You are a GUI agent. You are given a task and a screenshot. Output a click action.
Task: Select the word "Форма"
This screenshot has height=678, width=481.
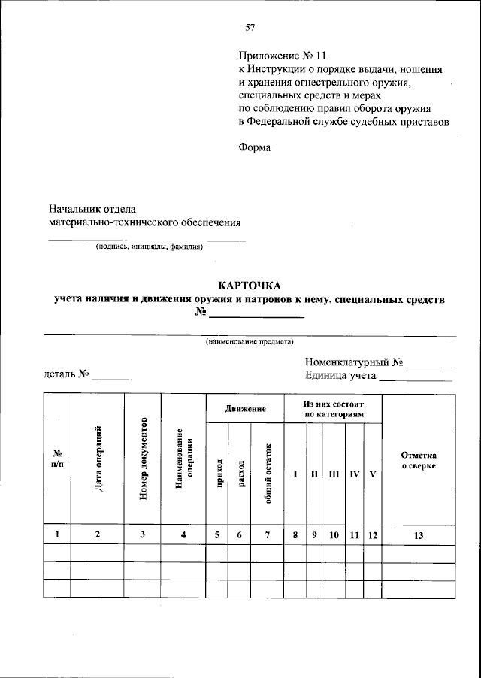[254, 147]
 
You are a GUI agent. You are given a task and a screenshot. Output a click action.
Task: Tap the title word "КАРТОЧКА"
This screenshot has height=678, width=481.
[249, 286]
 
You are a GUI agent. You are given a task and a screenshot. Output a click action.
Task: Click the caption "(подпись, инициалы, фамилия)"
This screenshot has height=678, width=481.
[148, 247]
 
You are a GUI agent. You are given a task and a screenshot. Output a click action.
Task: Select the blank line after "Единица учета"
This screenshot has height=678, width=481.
[416, 380]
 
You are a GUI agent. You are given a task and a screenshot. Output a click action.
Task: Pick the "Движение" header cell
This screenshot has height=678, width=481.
[244, 408]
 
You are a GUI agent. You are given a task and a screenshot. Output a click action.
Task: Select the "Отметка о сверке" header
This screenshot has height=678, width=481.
[419, 461]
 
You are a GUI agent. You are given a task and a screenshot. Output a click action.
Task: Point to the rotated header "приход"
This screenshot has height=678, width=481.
[219, 474]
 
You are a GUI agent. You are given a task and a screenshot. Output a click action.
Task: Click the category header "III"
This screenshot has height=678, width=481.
[334, 474]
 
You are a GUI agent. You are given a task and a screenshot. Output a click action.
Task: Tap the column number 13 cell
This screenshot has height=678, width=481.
[419, 535]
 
